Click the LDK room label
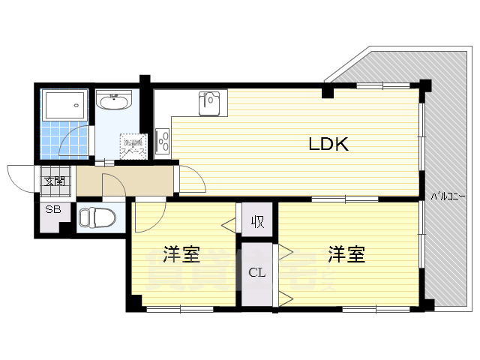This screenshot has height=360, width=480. (328, 144)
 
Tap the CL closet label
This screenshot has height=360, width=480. (256, 272)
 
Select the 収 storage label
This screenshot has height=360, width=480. (256, 221)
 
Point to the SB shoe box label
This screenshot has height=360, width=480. (53, 209)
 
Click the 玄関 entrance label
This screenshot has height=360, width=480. (54, 181)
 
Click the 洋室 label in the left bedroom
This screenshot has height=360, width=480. (181, 255)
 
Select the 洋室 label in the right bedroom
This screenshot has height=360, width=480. (346, 255)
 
